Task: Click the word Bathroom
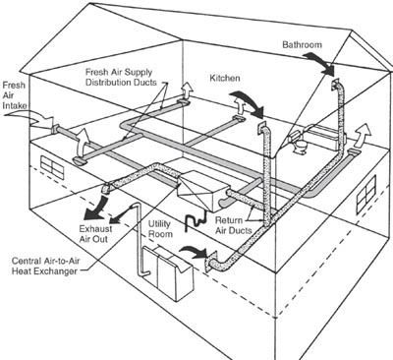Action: pos(302,44)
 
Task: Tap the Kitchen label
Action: pos(225,78)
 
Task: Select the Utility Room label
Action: pos(160,229)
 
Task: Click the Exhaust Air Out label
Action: pos(95,233)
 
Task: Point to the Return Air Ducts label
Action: pos(234,225)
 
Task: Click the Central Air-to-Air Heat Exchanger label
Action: pos(45,267)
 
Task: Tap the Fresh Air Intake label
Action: pos(14,95)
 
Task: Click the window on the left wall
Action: pos(52,167)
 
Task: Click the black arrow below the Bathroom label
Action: pos(320,64)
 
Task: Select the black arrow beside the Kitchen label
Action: pos(249,105)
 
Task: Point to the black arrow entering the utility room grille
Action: pos(195,252)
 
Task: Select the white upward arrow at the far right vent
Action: pos(364,134)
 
